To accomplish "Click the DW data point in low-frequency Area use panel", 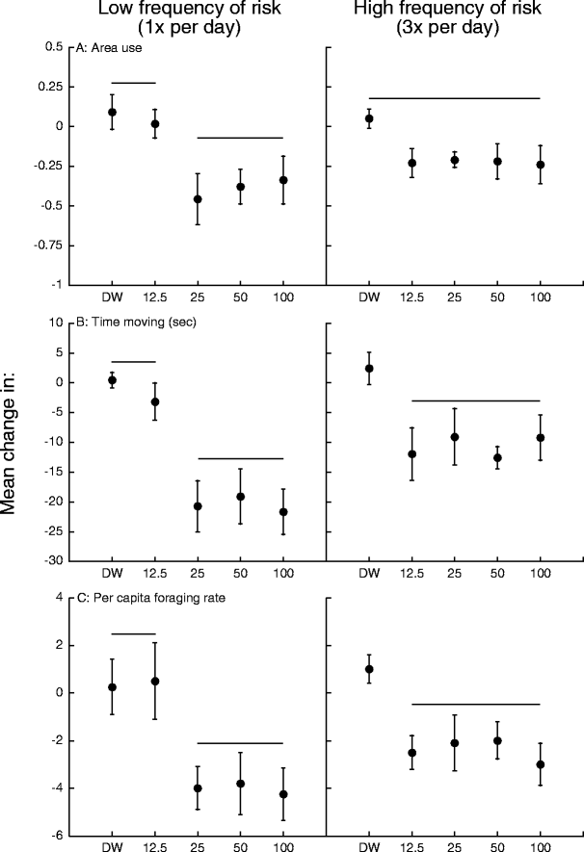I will [x=112, y=113].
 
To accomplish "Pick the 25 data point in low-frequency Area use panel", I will [x=198, y=199].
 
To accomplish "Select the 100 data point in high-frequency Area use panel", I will [x=541, y=165].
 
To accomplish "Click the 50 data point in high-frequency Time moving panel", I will [x=497, y=457].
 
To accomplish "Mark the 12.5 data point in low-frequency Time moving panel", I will [x=155, y=401].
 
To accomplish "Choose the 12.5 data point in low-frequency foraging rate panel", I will [x=155, y=681].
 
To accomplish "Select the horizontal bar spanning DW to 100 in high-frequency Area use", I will [x=454, y=98].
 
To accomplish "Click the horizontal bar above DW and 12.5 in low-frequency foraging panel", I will [x=133, y=633].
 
